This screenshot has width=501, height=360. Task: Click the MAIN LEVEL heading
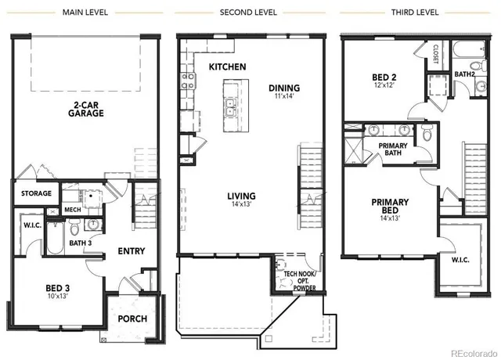(x=85, y=13)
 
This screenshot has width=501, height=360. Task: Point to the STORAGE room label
(x=36, y=193)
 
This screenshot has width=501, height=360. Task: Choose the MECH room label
(x=73, y=210)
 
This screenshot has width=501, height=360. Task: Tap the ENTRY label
(x=131, y=251)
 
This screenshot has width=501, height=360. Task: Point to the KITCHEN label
(x=228, y=67)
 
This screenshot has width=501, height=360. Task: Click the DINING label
(x=284, y=88)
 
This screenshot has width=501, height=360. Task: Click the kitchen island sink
(x=231, y=107)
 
